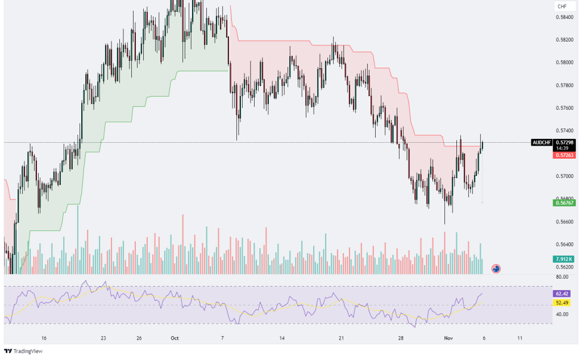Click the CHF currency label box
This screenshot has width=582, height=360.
562,6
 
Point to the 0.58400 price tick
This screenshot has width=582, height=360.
564,17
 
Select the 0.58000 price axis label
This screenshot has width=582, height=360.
564,63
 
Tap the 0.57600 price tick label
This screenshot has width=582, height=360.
564,108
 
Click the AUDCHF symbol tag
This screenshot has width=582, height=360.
542,142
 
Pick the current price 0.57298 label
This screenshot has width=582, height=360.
564,142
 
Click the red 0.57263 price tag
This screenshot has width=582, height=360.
564,155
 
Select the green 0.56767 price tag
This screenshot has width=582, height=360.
564,203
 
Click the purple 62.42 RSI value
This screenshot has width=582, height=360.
562,293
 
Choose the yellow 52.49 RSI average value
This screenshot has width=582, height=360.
562,303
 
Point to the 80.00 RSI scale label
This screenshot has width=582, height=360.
562,277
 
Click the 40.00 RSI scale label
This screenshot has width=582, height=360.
562,315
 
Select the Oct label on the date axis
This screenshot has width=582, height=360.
174,338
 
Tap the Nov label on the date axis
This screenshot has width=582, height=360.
448,338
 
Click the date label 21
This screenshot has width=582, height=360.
341,338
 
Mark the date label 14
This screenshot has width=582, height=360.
282,338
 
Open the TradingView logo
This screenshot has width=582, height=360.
23,351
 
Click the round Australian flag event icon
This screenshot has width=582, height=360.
496,268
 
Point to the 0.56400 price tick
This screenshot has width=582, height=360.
564,245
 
